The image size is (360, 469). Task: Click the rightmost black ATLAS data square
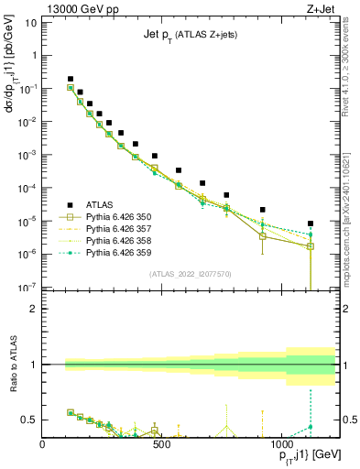click(311, 224)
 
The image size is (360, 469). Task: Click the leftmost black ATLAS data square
click(71, 80)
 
